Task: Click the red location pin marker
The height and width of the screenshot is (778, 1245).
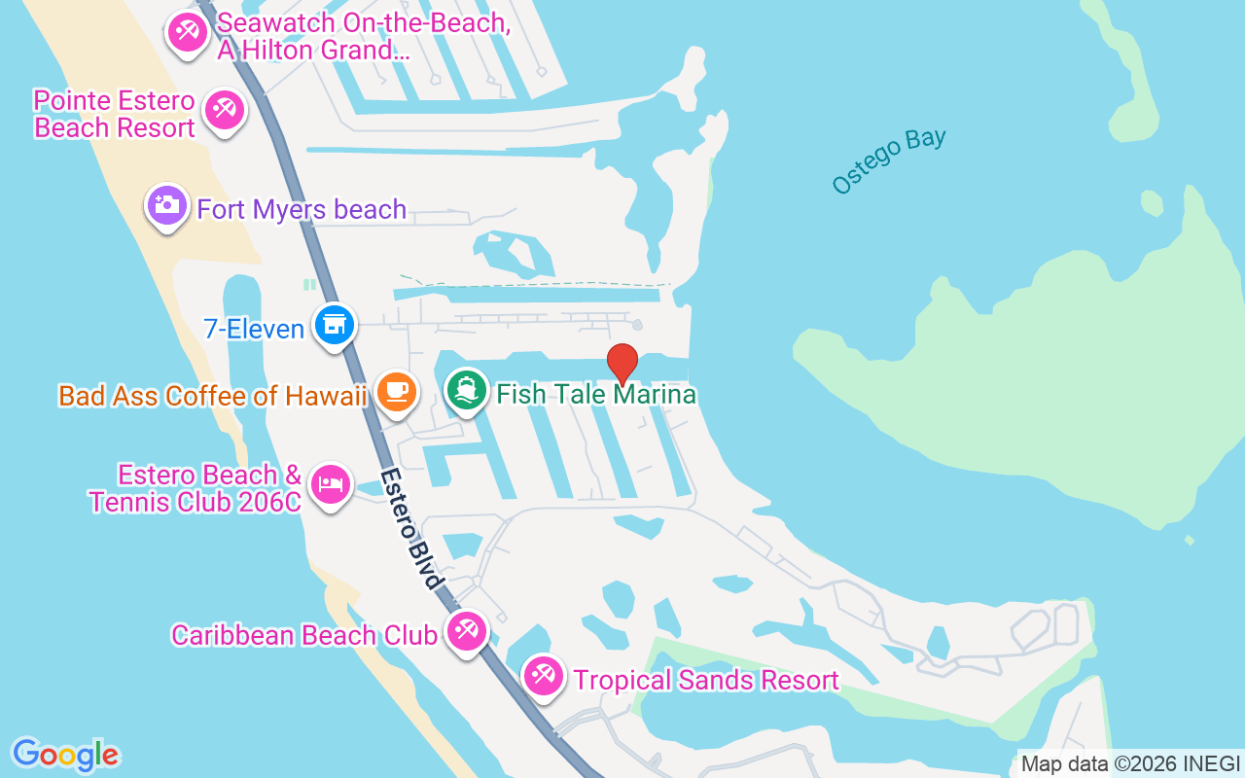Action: coord(622,363)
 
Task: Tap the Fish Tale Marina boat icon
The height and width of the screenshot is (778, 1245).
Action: coord(467,390)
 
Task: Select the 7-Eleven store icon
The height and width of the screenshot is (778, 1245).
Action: coord(335,324)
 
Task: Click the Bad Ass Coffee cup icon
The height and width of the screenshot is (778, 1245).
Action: coord(397,391)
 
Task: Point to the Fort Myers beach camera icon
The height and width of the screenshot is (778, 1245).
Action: coord(167,205)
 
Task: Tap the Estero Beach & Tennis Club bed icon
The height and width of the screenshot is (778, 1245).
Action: coord(330,484)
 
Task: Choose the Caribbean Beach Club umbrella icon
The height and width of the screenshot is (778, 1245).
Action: coord(466,631)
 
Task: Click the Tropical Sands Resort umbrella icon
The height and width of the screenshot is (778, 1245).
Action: coord(543,676)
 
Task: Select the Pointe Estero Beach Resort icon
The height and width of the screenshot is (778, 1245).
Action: coord(225,110)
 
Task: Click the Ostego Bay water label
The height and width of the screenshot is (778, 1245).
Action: coord(889,160)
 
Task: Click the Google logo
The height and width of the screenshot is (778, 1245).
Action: coord(65,755)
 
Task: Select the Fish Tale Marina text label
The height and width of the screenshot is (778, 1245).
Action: coord(596,394)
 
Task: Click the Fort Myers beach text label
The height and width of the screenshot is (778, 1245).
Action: coord(302,209)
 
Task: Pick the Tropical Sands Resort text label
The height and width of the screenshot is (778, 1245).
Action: coord(706,680)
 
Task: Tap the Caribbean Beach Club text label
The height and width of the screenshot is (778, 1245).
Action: coord(303,635)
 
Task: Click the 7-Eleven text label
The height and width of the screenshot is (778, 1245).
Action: coord(254,329)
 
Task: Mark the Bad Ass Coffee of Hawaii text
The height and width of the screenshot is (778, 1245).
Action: coord(213,396)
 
